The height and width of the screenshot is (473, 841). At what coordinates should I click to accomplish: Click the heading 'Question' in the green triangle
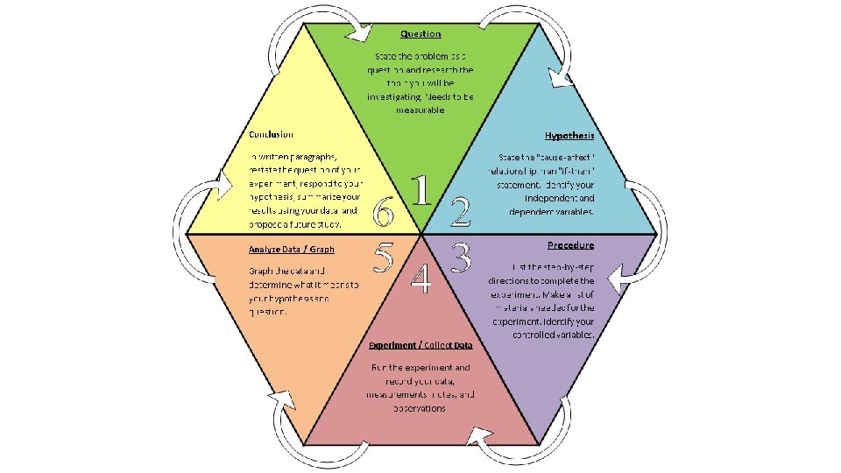click(420, 33)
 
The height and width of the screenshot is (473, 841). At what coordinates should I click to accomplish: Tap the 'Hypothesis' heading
click(569, 136)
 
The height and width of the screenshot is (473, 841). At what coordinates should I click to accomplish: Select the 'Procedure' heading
click(570, 245)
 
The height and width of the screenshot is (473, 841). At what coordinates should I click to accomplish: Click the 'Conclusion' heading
click(271, 135)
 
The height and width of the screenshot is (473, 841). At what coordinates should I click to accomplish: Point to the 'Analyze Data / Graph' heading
click(292, 250)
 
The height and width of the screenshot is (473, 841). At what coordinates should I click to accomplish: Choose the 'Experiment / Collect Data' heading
click(420, 345)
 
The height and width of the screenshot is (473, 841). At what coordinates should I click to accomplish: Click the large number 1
click(422, 191)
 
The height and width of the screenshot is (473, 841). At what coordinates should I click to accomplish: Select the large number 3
click(462, 256)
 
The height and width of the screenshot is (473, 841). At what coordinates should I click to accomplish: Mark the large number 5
click(383, 256)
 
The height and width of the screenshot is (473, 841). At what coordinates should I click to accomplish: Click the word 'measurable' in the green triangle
click(420, 110)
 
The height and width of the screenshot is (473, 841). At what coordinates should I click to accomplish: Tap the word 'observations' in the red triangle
click(420, 408)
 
